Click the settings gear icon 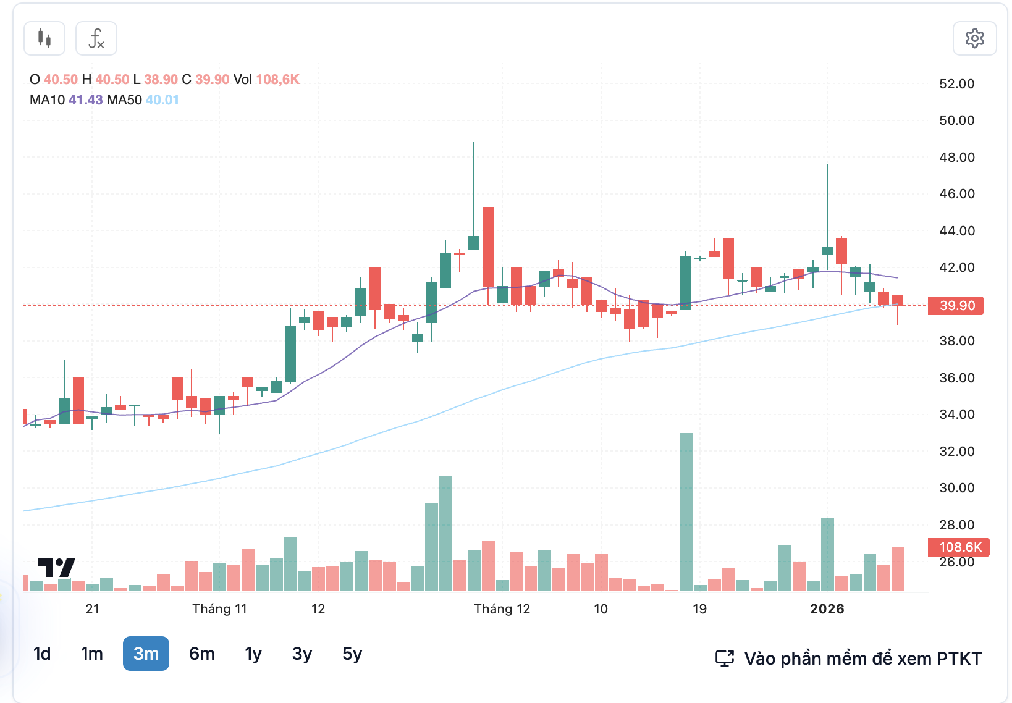point(974,38)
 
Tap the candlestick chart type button point(44,38)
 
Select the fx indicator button point(96,38)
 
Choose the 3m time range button point(146,654)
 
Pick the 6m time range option point(202,654)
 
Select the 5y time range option point(352,654)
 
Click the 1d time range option point(42,654)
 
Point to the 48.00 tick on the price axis point(956,158)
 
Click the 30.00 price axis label point(956,488)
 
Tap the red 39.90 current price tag point(956,306)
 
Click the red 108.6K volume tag point(959,547)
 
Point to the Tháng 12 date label point(502,609)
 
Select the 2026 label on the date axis point(827,609)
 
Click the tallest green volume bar point(686,513)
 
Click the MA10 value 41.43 point(86,100)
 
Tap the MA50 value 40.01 point(162,100)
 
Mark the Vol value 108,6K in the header point(277,80)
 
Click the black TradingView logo point(57,567)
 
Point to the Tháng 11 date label point(219,609)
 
